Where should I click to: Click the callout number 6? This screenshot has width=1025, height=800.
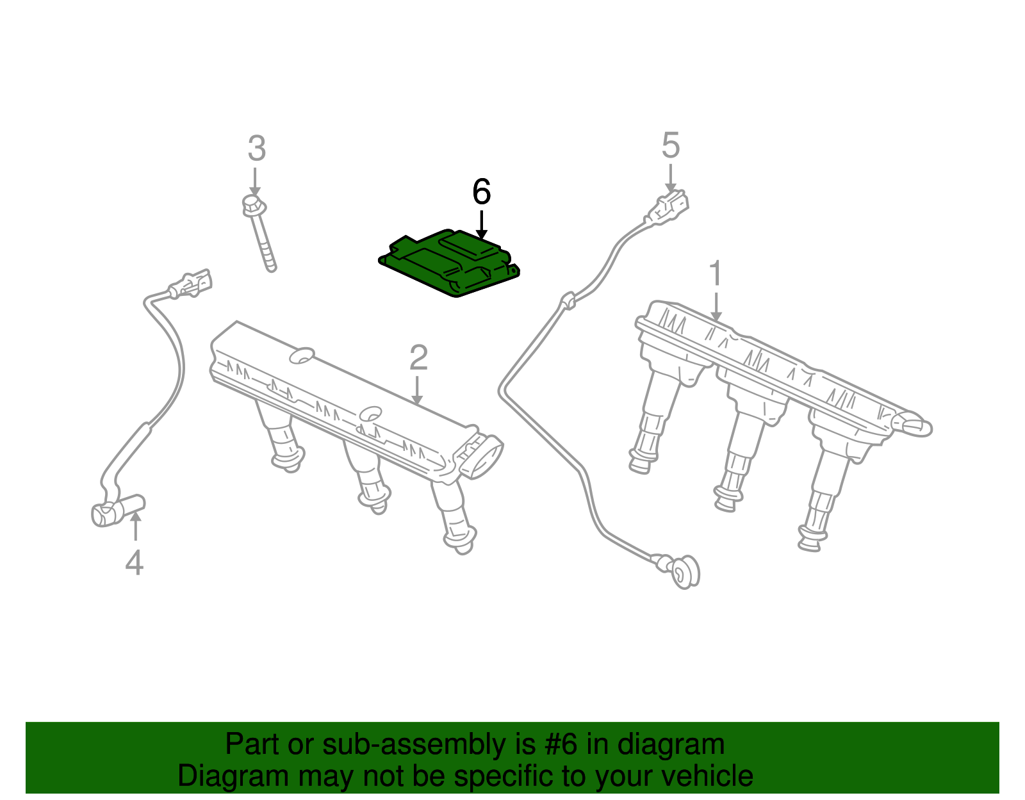coord(481,192)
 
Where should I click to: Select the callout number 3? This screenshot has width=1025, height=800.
coord(257,148)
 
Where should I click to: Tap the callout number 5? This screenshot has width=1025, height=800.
coord(670,145)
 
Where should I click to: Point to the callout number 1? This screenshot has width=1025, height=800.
coord(716,273)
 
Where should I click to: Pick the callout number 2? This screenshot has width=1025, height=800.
coord(418,357)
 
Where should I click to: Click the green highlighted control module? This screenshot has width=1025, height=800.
coord(449,263)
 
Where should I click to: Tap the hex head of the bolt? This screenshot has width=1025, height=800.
coord(254,206)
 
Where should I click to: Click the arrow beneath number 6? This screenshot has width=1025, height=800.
coord(481,224)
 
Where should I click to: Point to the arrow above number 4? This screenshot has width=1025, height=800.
coord(135,526)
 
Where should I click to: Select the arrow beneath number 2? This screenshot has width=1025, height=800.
coord(416,390)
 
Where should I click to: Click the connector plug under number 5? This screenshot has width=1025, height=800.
coord(669,208)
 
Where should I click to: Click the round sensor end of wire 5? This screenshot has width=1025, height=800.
coord(685,573)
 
